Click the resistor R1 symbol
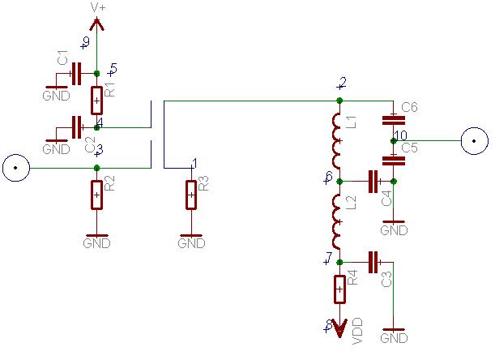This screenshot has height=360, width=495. point(96,101)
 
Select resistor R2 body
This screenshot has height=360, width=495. point(96,195)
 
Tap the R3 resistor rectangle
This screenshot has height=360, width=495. point(191,195)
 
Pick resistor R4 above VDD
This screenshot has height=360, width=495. point(339,289)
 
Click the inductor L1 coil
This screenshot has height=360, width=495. point(338,141)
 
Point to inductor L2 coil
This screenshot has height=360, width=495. point(338,222)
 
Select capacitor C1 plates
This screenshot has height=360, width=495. point(76,74)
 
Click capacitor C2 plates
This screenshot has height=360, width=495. point(76,127)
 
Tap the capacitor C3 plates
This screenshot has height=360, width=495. point(373,262)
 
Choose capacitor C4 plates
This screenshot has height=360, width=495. point(373,182)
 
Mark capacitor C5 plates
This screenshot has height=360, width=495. point(394,161)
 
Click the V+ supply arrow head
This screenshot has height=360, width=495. point(96,24)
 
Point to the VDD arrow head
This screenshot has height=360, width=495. point(339,328)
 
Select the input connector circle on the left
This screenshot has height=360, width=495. point(15,168)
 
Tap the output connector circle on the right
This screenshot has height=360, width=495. point(475,141)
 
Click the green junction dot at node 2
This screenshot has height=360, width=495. point(339,101)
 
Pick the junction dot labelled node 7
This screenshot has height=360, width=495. point(339,262)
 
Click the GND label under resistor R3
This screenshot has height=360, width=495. point(191,243)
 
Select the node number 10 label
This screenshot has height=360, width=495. point(400,135)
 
